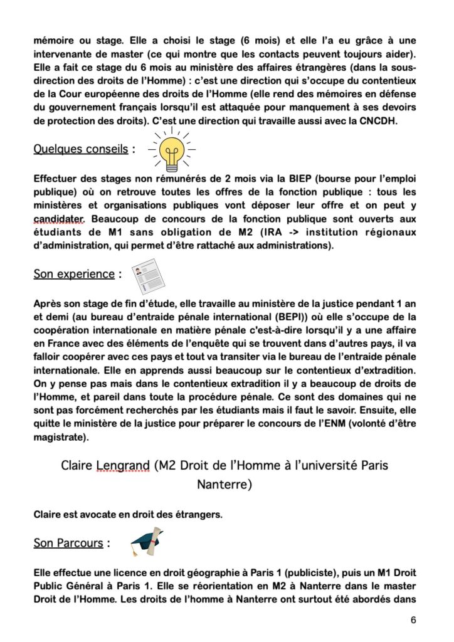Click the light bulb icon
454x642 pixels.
point(172,150)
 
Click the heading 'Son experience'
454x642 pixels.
point(73,274)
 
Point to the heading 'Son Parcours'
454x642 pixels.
point(68,543)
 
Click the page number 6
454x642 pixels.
point(413,620)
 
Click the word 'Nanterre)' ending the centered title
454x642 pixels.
point(224,485)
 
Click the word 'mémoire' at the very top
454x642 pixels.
point(55,40)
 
